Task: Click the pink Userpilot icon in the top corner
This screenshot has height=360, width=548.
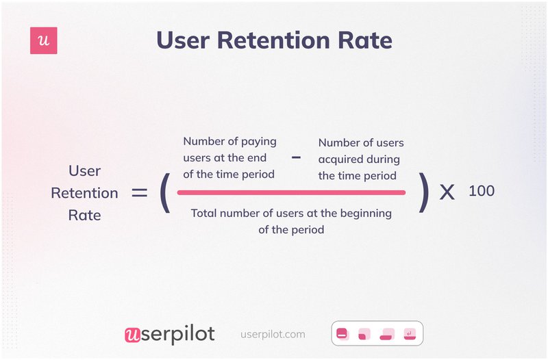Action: [44, 41]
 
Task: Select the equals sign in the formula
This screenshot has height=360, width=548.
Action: [139, 193]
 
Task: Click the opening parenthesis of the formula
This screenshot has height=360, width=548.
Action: [164, 192]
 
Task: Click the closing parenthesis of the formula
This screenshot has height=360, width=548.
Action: [424, 192]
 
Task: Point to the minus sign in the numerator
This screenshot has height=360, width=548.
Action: [296, 157]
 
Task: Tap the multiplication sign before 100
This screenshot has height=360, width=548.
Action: [447, 192]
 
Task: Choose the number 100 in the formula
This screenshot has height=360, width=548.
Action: [482, 191]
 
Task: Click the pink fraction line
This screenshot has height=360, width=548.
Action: [292, 192]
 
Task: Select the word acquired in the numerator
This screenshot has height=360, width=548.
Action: [340, 159]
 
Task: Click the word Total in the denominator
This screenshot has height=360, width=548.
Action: [206, 213]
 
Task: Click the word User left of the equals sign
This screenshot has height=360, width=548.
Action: [85, 170]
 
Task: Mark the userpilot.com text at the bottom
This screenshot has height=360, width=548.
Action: [273, 335]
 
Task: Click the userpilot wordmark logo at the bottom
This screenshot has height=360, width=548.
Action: [169, 334]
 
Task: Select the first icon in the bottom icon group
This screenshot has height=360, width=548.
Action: [343, 335]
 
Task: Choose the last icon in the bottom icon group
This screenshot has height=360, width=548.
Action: [410, 335]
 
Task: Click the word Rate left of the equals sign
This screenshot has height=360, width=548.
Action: [85, 215]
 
